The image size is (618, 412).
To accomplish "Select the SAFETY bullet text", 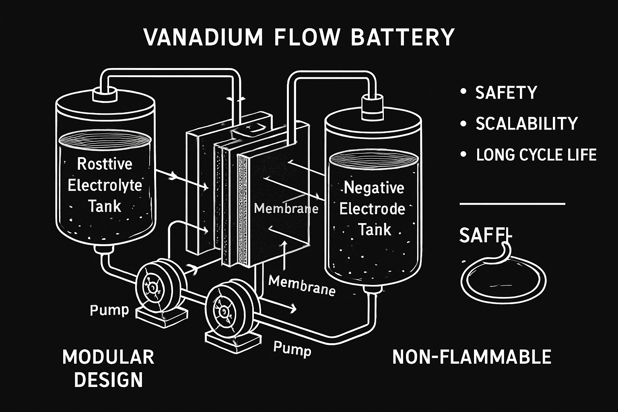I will [x=506, y=93].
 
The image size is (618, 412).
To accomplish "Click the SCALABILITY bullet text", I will [x=527, y=124].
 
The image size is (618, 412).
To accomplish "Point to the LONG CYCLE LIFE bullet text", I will [x=536, y=155].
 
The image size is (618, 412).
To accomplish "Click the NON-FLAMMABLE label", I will [x=472, y=357].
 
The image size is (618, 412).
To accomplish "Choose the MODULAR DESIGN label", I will [x=108, y=368].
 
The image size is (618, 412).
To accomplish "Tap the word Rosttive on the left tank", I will [x=105, y=164].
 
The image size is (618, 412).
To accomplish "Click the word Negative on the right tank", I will [x=374, y=188].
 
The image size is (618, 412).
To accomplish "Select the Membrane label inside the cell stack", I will [x=286, y=208].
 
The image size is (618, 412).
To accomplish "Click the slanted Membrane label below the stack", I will [x=301, y=285].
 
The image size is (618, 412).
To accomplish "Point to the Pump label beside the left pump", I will [x=109, y=310].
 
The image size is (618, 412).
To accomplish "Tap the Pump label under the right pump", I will [x=292, y=348].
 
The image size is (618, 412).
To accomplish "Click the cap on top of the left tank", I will [x=104, y=95].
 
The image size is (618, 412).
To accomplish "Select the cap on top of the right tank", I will [x=374, y=106].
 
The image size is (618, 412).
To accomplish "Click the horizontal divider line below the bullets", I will [x=512, y=204].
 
